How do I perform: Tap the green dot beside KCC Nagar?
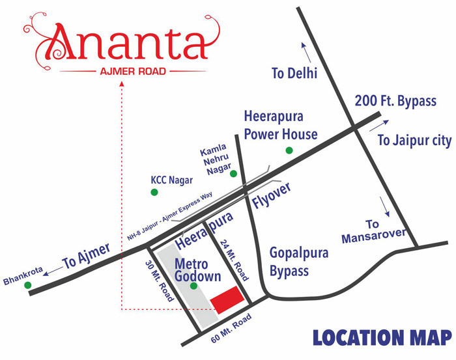coord(154,192)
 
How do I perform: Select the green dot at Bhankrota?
coord(27,285)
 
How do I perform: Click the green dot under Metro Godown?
coord(193,284)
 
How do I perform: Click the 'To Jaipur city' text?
coord(414,140)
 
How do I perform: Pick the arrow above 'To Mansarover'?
coord(385,208)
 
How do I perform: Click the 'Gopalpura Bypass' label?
coord(299,261)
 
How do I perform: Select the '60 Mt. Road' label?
coord(231,330)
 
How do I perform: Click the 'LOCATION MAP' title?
coord(381,338)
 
